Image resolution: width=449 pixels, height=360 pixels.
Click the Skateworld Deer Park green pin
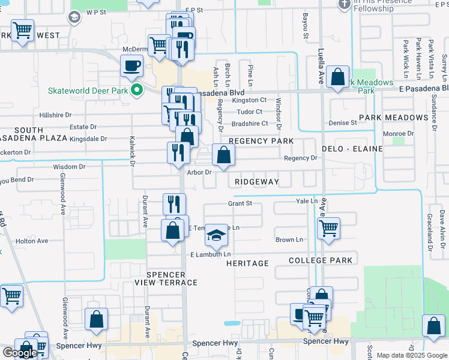[x=137, y=91]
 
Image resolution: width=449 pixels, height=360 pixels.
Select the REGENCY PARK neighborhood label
[x=261, y=141]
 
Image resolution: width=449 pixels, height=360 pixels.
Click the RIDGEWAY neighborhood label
[x=256, y=181]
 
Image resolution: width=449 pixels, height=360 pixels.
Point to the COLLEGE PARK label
[x=320, y=260]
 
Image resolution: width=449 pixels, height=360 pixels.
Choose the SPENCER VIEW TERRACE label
[x=166, y=278]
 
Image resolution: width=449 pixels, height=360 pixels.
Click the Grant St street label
[x=240, y=204]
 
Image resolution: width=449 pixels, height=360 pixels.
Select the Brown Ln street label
[x=289, y=240]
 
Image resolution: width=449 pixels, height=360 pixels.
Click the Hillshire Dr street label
[x=55, y=115]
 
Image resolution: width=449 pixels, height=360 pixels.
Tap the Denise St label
[x=343, y=123]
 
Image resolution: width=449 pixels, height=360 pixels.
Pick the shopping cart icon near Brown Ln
[x=328, y=228]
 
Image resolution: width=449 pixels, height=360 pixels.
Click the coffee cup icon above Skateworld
[x=131, y=66]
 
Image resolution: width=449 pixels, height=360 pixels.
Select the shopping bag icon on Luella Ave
[x=339, y=77]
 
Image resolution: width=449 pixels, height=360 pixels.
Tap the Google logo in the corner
[x=20, y=353]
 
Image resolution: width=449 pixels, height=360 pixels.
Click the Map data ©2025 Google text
[x=412, y=355]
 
